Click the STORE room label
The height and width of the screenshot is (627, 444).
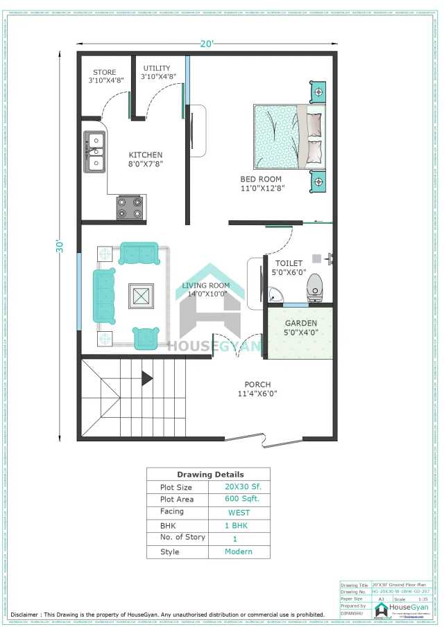click(x=105, y=72)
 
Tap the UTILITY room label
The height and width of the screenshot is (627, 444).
click(x=157, y=68)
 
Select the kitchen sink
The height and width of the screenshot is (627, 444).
click(x=94, y=152)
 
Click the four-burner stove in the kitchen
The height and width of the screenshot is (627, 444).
click(x=130, y=206)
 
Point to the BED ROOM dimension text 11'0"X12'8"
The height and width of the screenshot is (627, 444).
click(x=262, y=188)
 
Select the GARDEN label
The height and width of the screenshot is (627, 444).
click(x=301, y=323)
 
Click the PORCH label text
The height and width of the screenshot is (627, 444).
click(x=257, y=385)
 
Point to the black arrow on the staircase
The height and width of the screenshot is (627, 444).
click(x=146, y=378)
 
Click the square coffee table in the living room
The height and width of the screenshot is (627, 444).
click(x=142, y=297)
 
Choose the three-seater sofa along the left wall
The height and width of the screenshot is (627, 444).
click(x=104, y=296)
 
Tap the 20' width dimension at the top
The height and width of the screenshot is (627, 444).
click(x=207, y=44)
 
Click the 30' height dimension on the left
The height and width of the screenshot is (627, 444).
click(x=61, y=246)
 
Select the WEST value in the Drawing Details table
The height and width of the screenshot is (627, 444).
click(x=239, y=513)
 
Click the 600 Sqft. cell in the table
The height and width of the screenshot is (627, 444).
click(x=239, y=499)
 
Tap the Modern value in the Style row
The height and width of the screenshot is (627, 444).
click(x=239, y=551)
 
